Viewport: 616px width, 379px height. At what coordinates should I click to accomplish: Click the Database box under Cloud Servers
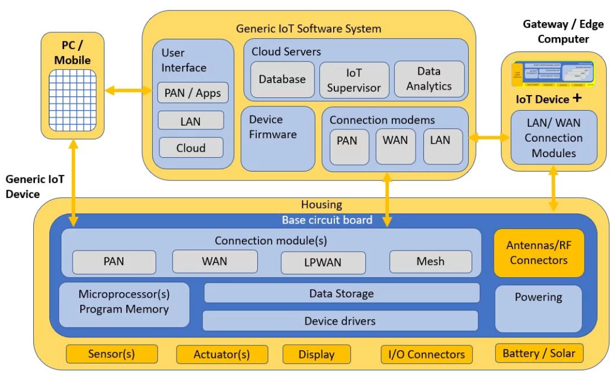click(282, 79)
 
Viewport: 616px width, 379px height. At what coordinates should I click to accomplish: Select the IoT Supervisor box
click(354, 80)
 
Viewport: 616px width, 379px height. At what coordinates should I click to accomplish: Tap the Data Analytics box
click(429, 79)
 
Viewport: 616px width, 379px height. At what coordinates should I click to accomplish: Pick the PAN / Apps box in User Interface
click(193, 93)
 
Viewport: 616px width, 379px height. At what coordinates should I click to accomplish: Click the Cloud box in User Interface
click(191, 148)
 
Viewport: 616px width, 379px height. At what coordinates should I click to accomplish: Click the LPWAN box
click(323, 262)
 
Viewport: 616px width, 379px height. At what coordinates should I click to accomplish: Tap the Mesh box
click(431, 261)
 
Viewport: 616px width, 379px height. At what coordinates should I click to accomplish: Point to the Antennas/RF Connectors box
click(539, 253)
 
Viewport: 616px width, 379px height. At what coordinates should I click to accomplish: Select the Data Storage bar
click(341, 293)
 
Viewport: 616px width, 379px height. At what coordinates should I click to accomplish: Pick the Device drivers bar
click(340, 321)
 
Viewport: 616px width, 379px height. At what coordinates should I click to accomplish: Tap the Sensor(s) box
click(111, 354)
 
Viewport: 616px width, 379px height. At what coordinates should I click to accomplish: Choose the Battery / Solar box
click(539, 354)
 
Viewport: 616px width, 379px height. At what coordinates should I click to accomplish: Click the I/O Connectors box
click(426, 354)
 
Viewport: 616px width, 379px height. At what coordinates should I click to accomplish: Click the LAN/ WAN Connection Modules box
click(553, 138)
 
